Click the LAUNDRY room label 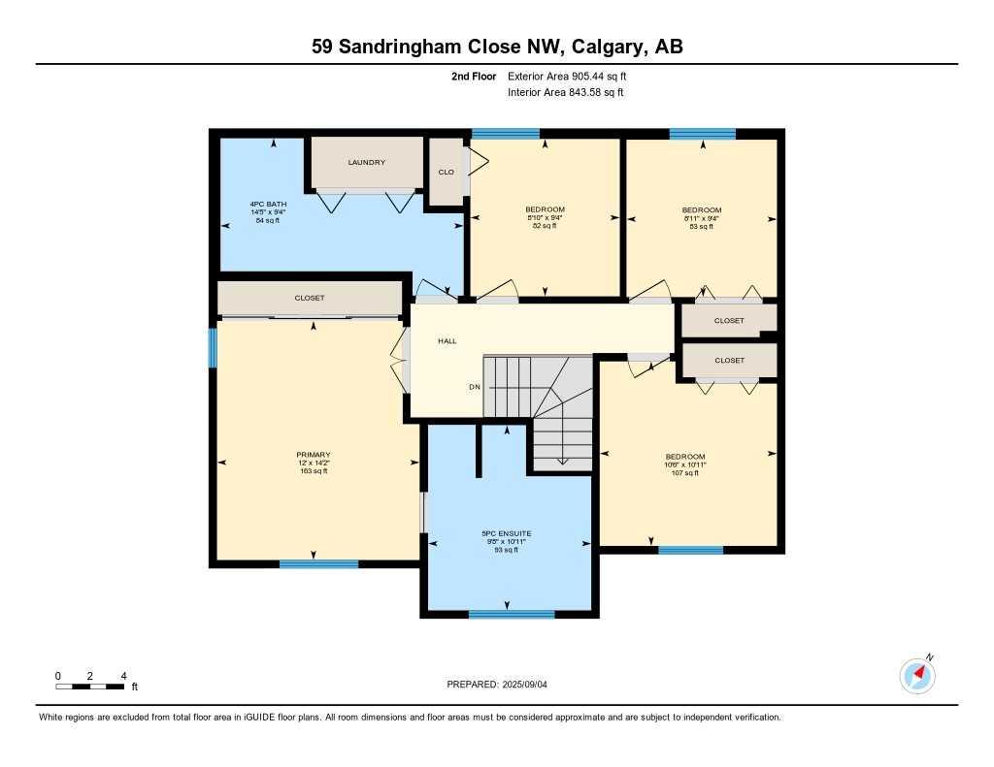click(x=366, y=162)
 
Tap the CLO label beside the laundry click(x=447, y=172)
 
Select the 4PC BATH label click(x=268, y=204)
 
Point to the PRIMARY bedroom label click(x=314, y=454)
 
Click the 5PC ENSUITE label click(x=507, y=533)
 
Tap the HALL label click(x=447, y=340)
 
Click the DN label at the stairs click(x=475, y=386)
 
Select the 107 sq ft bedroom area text click(x=685, y=472)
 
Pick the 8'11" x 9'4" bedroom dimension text click(x=702, y=218)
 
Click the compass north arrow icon click(x=917, y=675)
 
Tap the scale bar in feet click(x=90, y=687)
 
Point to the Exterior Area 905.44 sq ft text click(x=567, y=76)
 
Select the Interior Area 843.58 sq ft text click(x=566, y=92)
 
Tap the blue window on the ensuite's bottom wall click(x=512, y=614)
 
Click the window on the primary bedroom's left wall click(x=213, y=348)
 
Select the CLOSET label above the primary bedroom click(x=310, y=298)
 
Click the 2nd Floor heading click(x=474, y=76)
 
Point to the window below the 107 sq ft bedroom click(x=690, y=550)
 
